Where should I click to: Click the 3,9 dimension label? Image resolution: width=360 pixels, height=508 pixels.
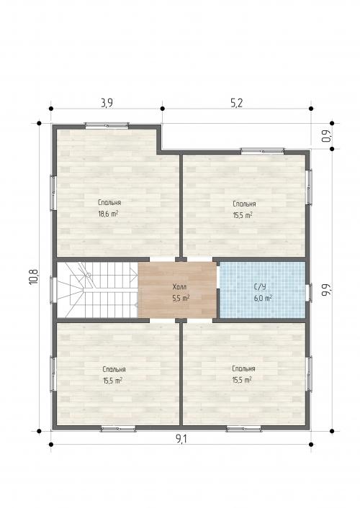coord(107,103)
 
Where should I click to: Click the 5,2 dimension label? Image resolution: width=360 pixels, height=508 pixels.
coord(236,103)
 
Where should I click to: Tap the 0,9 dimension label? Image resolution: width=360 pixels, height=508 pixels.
coord(328,136)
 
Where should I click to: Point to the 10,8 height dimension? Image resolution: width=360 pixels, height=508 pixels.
coord(34,277)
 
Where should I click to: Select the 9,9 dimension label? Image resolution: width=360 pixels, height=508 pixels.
coord(326,289)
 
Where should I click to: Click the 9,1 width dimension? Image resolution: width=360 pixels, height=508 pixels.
coord(181,439)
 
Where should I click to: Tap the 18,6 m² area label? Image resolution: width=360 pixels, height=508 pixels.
coord(108,214)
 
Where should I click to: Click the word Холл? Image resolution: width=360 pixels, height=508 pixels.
coord(180,286)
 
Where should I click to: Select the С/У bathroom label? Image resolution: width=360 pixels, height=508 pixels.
coord(261,286)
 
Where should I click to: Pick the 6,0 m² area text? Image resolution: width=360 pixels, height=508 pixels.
coord(263,298)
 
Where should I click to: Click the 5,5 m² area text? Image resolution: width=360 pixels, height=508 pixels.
coord(181,298)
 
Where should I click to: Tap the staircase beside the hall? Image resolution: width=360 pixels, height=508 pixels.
coord(97,290)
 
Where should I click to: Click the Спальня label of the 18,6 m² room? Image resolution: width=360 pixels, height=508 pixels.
coord(109,202)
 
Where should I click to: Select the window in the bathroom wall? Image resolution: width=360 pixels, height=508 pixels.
coord(310,292)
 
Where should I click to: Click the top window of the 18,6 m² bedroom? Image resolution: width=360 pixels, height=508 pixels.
coord(107,125)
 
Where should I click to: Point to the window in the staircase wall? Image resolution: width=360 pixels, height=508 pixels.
coord(53,290)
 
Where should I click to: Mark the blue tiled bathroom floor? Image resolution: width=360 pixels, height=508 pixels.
coord(263,290)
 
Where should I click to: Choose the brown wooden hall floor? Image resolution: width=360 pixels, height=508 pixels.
coord(177,290)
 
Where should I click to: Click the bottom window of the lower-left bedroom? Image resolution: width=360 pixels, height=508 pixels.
coord(118,430)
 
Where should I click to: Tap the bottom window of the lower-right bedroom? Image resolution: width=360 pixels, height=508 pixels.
coord(243,430)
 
